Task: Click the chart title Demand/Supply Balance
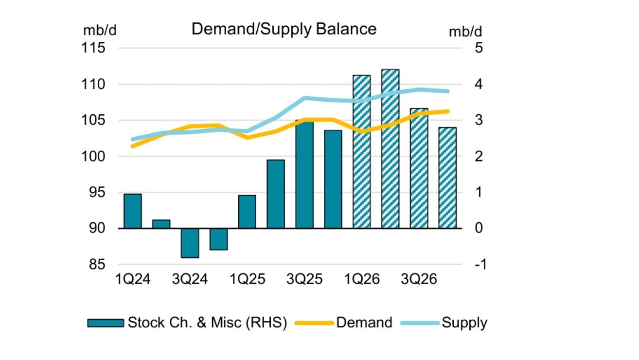284,29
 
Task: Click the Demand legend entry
348,323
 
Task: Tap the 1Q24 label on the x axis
133,280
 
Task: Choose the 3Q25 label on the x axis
304,280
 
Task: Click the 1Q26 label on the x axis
362,280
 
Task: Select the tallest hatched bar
390,148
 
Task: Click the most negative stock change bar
190,243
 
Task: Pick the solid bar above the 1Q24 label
133,211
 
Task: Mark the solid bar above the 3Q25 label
304,174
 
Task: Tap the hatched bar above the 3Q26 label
419,168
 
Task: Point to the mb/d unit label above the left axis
100,30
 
